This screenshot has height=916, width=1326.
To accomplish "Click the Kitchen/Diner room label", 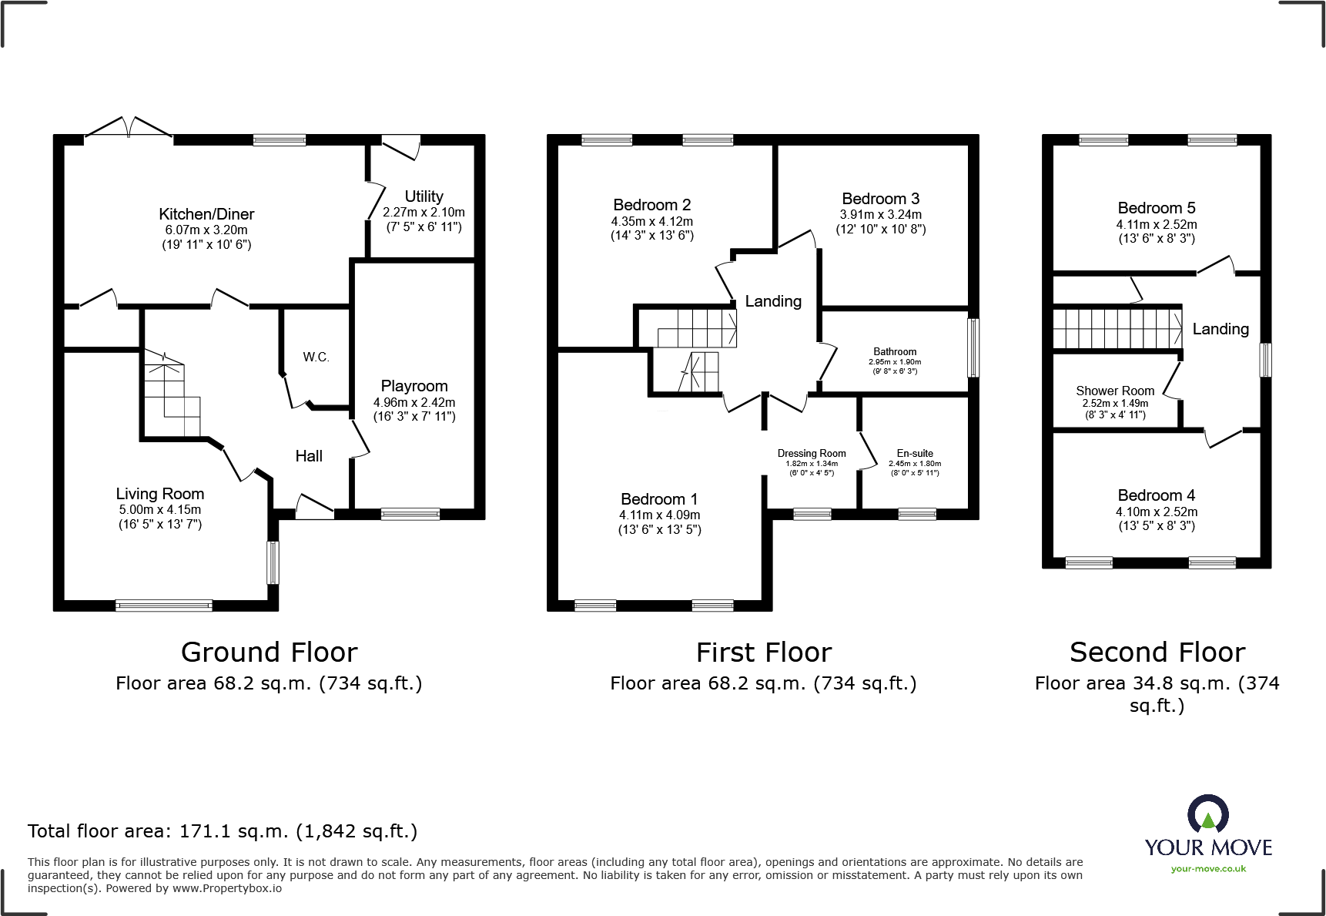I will (206, 214).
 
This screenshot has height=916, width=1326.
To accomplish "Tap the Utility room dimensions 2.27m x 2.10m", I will (424, 212).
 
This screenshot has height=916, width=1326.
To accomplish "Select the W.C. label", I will (316, 357).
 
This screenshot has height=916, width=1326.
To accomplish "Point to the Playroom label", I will (414, 386).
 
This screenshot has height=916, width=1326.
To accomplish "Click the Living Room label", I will (160, 494).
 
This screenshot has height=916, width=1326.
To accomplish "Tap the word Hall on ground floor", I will (309, 456).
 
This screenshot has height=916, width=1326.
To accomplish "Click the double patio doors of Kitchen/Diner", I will (129, 129).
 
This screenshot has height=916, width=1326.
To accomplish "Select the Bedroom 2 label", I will (652, 205).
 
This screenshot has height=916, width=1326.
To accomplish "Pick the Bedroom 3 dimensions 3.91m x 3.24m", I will (881, 215).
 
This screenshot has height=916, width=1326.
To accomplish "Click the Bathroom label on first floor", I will (895, 351).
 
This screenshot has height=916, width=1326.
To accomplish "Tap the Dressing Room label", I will (812, 453).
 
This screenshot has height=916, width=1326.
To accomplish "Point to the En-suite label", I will (915, 453).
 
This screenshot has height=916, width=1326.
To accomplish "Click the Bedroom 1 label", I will (659, 499).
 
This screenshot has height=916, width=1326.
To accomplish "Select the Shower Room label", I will (1115, 391).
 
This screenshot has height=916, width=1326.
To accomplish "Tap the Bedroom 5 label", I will (1157, 208).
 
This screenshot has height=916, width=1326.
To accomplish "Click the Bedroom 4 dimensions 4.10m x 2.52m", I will (1157, 512).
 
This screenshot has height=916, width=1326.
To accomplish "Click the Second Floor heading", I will (1157, 653).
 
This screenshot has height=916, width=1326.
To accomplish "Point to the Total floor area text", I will (223, 831).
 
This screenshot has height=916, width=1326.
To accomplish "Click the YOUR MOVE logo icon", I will (1207, 815).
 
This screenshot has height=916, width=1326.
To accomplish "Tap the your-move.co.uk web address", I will (1208, 869).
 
